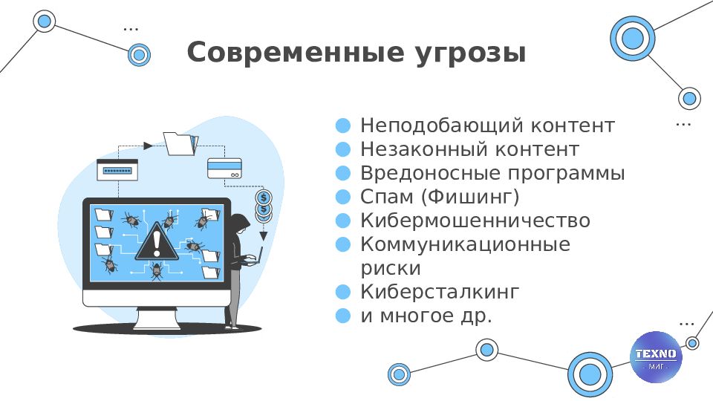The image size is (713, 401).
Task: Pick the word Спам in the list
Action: tap(387, 197)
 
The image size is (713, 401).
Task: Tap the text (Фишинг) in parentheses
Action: tap(470, 197)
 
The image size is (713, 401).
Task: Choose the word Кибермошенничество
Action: tap(475, 221)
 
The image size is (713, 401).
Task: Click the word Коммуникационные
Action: tap(465, 244)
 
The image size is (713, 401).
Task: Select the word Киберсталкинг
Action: tap(439, 292)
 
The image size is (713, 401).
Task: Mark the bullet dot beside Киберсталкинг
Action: tap(343, 292)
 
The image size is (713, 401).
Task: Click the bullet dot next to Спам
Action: tap(343, 197)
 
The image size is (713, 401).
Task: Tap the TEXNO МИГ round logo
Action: tap(656, 357)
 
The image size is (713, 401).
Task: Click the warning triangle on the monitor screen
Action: tap(157, 241)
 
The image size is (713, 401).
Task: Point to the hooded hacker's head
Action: tap(239, 224)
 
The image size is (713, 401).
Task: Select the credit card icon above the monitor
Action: tap(224, 169)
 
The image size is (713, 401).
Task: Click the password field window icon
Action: tap(117, 170)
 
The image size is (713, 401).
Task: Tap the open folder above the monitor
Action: tap(181, 143)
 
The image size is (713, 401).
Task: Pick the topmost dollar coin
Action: tap(264, 198)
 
